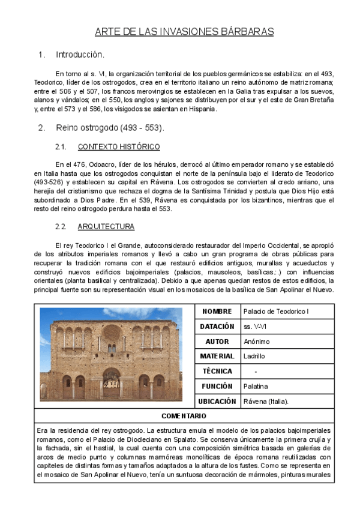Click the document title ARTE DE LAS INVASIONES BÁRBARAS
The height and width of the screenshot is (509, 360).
pos(184,31)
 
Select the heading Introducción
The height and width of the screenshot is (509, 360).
pos(80,55)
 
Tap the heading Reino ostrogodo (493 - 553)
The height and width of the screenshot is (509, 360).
pos(110,128)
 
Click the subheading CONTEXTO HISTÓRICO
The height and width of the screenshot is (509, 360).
pos(119,147)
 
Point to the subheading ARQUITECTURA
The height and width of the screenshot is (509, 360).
pos(106,226)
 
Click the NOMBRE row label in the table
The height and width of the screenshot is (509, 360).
pos(217,312)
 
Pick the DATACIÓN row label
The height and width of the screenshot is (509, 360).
pos(217,327)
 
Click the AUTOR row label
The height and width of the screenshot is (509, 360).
pos(217,342)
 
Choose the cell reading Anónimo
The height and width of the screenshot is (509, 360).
pos(257,342)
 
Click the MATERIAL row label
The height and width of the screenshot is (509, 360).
pos(217,357)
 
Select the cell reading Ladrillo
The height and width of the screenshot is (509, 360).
pos(254,357)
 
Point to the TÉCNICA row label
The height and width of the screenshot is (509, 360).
pos(217,372)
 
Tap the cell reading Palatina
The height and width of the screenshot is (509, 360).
pos(256,387)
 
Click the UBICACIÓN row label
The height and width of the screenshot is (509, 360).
pos(217,401)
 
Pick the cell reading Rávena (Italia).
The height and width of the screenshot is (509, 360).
pos(266,401)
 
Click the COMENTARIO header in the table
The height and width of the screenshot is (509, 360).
pos(184,416)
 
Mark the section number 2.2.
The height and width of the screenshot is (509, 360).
pos(60,226)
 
